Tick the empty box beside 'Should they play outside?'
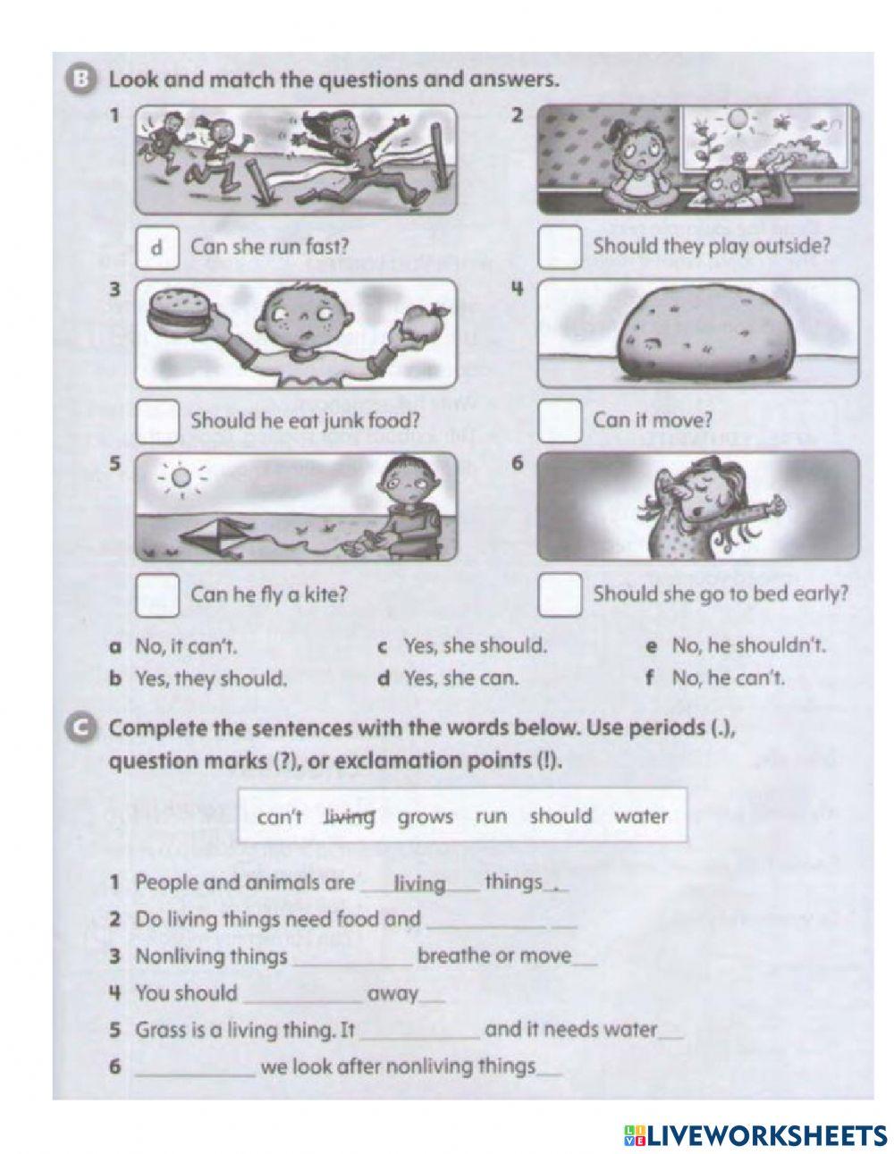point(561,248)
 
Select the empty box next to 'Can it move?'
point(561,420)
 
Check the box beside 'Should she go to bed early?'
point(561,594)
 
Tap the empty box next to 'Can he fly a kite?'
point(157,594)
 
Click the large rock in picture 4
point(700,330)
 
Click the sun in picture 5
point(181,480)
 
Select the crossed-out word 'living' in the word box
point(350,816)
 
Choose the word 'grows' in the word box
point(425,816)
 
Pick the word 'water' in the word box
point(640,816)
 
